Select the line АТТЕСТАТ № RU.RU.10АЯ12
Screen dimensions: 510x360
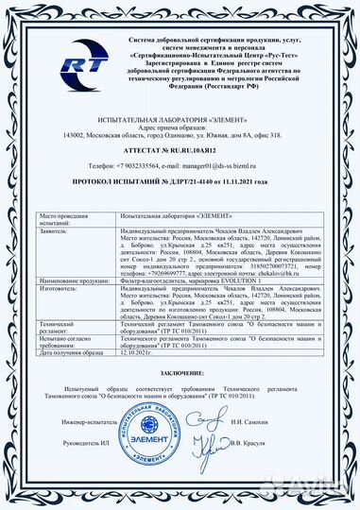point(180,150)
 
